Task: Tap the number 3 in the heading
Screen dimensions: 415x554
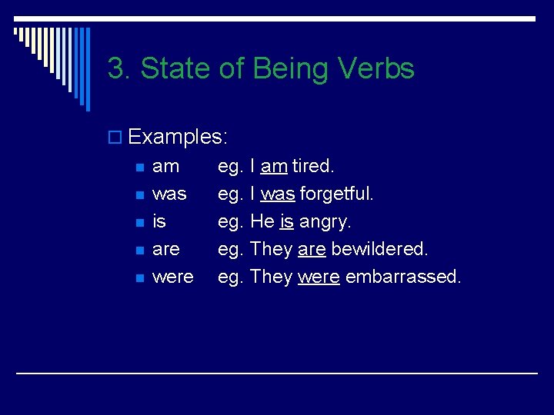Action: click(x=115, y=69)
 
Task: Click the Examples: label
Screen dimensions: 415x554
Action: click(x=178, y=138)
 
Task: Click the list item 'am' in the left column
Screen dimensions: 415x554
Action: click(x=165, y=166)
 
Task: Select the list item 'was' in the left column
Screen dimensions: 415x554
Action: click(x=169, y=194)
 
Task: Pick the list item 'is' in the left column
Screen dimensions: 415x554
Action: click(x=159, y=221)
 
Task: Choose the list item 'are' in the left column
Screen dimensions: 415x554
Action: click(x=166, y=249)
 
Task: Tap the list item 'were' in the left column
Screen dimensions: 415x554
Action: click(x=173, y=277)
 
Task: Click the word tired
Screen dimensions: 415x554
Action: click(x=313, y=166)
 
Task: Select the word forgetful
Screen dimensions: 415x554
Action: click(x=336, y=194)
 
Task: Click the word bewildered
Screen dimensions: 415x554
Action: click(x=379, y=249)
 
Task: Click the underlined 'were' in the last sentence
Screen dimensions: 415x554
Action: click(x=319, y=277)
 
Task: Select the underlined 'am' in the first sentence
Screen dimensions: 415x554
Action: click(x=274, y=166)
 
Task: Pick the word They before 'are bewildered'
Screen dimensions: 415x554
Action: click(x=272, y=249)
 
